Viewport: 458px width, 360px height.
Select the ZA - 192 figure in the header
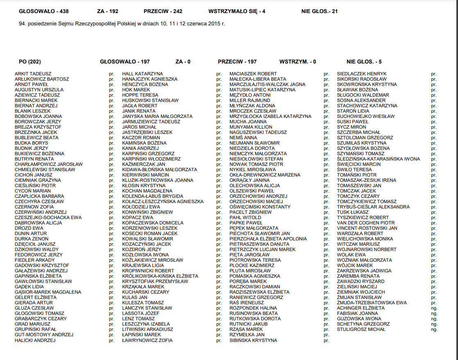click(108, 11)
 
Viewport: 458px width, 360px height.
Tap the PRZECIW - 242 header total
click(163, 11)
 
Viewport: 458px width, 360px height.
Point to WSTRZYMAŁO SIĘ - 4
click(237, 11)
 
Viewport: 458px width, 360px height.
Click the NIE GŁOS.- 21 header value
click(320, 11)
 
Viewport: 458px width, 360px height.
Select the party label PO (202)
click(30, 62)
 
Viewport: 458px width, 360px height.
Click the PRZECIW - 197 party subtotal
click(237, 62)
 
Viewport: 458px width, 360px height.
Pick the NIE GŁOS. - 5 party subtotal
click(364, 62)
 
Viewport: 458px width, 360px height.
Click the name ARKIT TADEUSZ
click(33, 74)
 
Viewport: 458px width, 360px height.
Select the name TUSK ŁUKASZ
click(353, 212)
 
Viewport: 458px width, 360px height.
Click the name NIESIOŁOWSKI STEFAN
click(256, 159)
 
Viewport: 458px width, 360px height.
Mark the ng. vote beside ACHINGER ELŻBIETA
click(434, 308)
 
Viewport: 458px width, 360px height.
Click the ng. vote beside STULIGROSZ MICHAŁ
click(434, 329)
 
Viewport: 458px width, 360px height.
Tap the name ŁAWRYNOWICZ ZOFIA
click(147, 340)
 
